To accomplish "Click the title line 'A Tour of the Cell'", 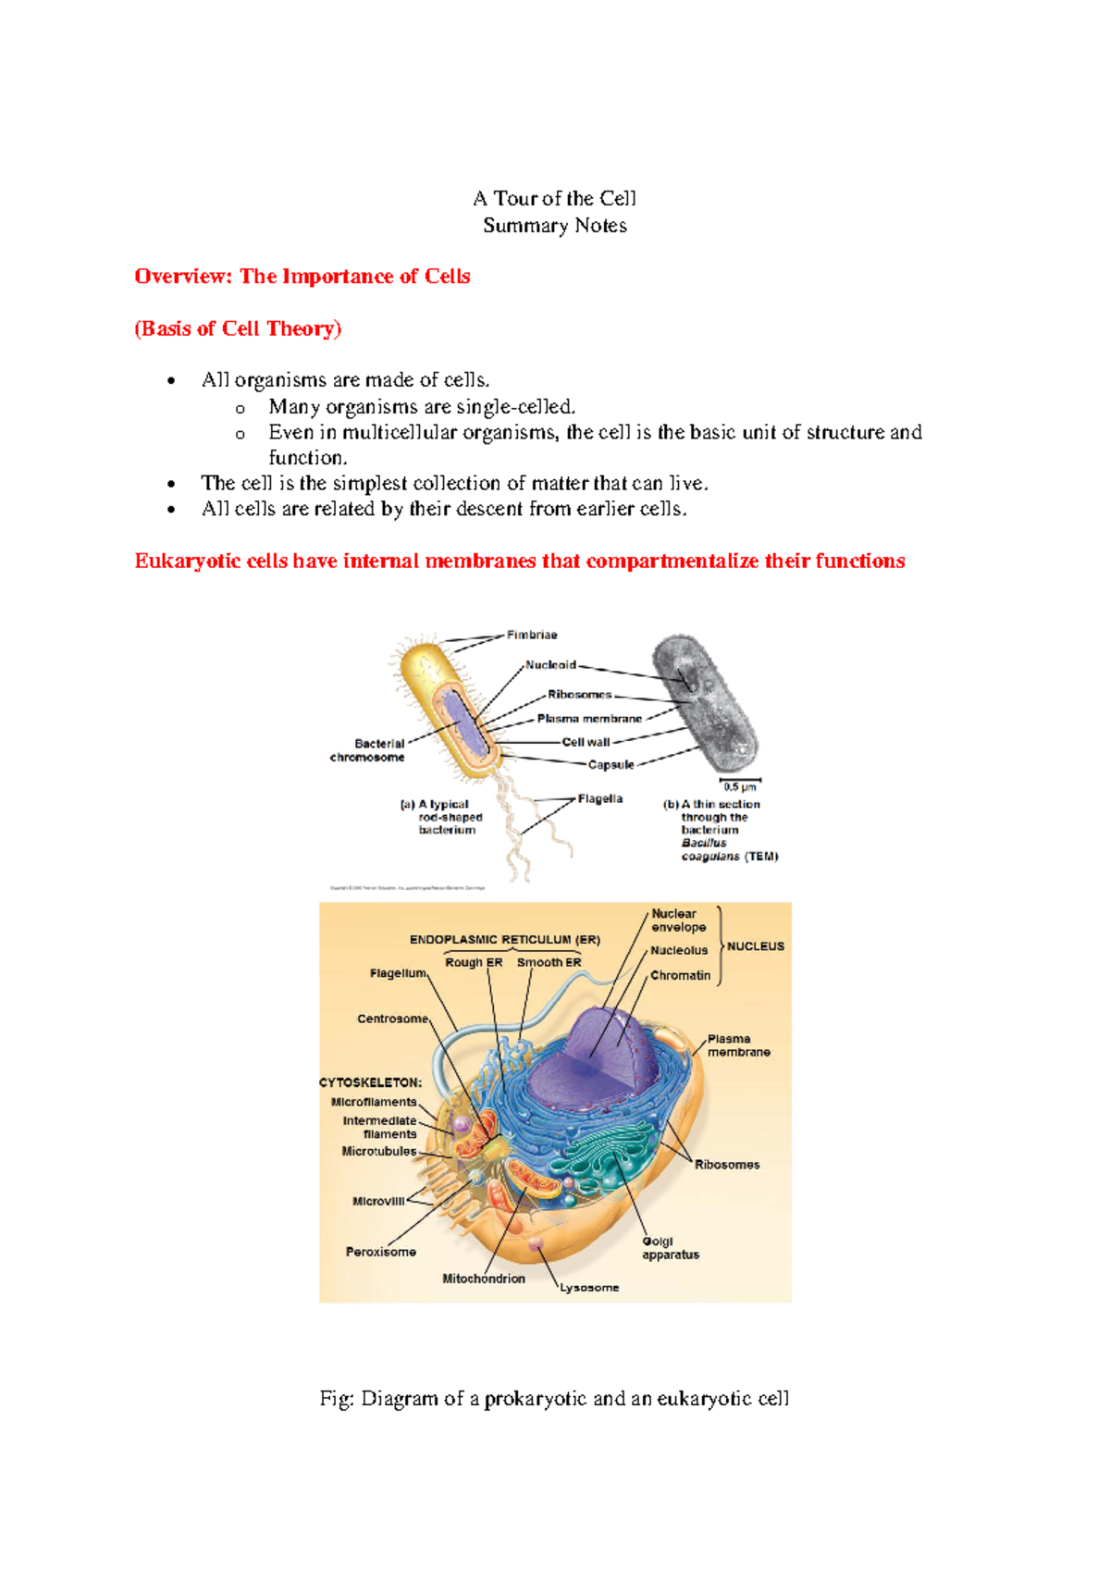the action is click(554, 199).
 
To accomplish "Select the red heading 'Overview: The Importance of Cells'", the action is click(302, 277).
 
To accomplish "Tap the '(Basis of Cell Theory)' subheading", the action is click(238, 328).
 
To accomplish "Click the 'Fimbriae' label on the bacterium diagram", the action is click(532, 635).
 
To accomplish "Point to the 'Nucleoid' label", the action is click(550, 664).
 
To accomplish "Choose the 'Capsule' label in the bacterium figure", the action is click(611, 764).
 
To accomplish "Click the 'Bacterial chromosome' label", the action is click(368, 750).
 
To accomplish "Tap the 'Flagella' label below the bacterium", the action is click(600, 798).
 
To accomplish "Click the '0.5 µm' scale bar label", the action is click(740, 787).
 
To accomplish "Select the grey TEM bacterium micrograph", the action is click(705, 703).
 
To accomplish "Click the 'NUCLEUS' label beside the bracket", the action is click(755, 946).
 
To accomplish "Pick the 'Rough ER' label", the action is click(474, 962).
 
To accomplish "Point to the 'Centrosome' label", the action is click(393, 1019).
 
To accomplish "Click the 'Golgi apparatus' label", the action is click(671, 1248).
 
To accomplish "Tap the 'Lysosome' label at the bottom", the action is click(589, 1287).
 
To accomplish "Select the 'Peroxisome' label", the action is click(381, 1252).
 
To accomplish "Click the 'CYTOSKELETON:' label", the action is click(370, 1081).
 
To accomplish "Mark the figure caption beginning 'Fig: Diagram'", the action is click(554, 1398).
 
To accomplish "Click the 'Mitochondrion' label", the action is click(484, 1279).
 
